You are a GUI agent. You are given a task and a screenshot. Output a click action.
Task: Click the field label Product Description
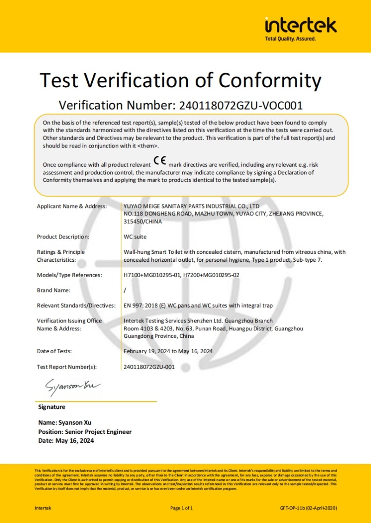click(x=63, y=237)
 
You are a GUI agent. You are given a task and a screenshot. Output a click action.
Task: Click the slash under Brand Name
click(x=125, y=291)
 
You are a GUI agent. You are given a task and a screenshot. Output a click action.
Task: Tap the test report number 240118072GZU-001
click(x=149, y=367)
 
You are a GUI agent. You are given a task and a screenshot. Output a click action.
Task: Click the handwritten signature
click(x=72, y=386)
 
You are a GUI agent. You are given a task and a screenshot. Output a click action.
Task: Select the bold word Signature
click(x=51, y=407)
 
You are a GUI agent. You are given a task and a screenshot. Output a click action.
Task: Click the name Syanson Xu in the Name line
click(x=75, y=423)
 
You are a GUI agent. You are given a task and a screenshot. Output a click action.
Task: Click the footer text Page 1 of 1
click(x=181, y=508)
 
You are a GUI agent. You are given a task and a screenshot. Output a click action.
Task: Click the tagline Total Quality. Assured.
click(x=290, y=39)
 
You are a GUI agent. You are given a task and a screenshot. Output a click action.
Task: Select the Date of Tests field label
click(x=54, y=351)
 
